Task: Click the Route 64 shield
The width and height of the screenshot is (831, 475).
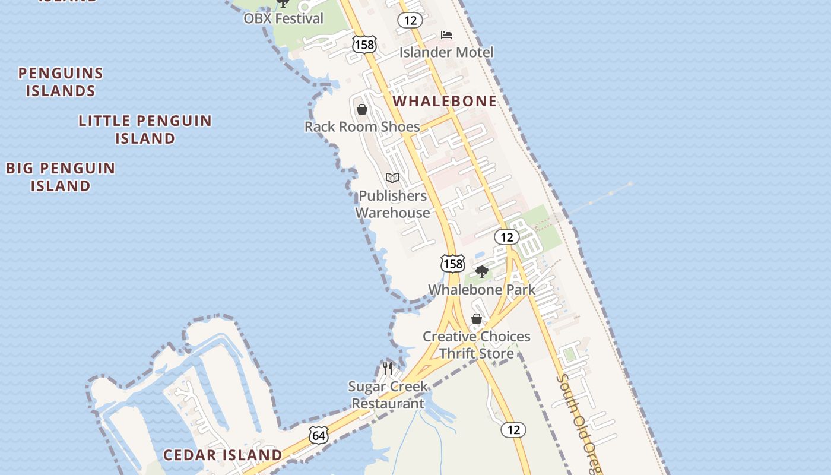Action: pyautogui.click(x=319, y=435)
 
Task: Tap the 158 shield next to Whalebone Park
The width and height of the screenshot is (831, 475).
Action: pyautogui.click(x=452, y=264)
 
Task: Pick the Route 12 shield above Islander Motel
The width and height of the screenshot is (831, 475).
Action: pyautogui.click(x=410, y=21)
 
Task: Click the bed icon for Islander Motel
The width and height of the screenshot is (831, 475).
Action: pyautogui.click(x=446, y=36)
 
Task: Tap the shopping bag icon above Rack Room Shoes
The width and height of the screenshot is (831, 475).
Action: pyautogui.click(x=362, y=109)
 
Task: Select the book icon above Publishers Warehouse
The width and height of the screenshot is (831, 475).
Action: pyautogui.click(x=392, y=178)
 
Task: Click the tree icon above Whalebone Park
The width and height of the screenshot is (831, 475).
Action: pyautogui.click(x=482, y=272)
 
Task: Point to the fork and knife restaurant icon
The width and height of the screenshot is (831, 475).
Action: pyautogui.click(x=388, y=368)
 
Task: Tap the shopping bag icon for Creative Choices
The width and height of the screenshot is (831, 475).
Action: pyautogui.click(x=476, y=319)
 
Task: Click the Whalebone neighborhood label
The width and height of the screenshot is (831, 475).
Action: pyautogui.click(x=445, y=101)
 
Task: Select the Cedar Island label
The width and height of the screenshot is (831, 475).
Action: pyautogui.click(x=223, y=455)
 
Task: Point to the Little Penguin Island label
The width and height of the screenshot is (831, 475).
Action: pyautogui.click(x=145, y=129)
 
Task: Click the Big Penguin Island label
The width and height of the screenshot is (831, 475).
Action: pyautogui.click(x=61, y=176)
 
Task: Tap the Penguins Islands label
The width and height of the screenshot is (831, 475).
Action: pyautogui.click(x=61, y=82)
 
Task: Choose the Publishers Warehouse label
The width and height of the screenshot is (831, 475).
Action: pyautogui.click(x=392, y=204)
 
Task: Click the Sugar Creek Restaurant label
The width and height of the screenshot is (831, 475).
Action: pyautogui.click(x=388, y=395)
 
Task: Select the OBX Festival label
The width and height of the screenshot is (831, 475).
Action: pyautogui.click(x=284, y=18)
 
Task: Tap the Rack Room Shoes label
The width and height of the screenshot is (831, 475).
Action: pyautogui.click(x=362, y=126)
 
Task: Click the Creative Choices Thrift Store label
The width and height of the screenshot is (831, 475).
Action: pyautogui.click(x=477, y=345)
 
